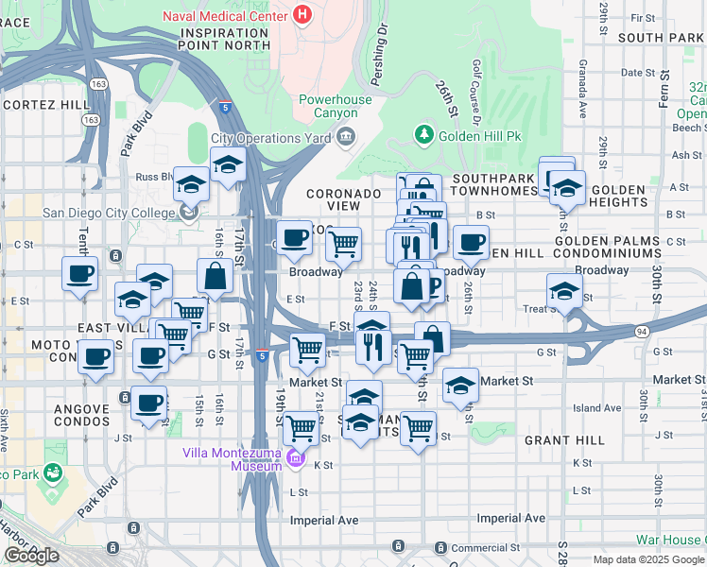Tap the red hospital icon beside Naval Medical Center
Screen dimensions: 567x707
pos(302,14)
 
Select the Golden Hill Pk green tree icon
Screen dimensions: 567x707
pos(424,136)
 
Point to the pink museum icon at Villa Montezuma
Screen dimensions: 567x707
pos(296,459)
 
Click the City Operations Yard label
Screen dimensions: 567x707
pos(271,138)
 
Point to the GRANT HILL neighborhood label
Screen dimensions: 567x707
pos(564,440)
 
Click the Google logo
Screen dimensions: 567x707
pos(31,555)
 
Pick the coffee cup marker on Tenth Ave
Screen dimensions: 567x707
pos(79,274)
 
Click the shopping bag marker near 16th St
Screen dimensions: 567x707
pos(216,276)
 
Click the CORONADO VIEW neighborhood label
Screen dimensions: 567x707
pos(346,199)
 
